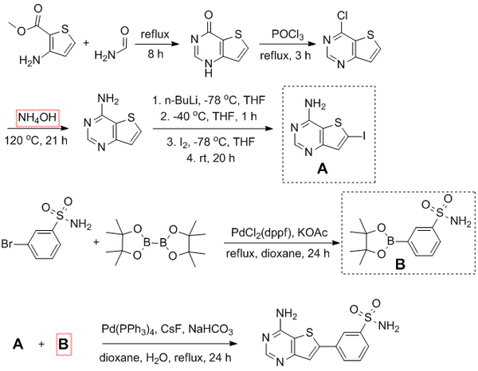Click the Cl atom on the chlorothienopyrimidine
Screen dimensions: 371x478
[368, 14]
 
